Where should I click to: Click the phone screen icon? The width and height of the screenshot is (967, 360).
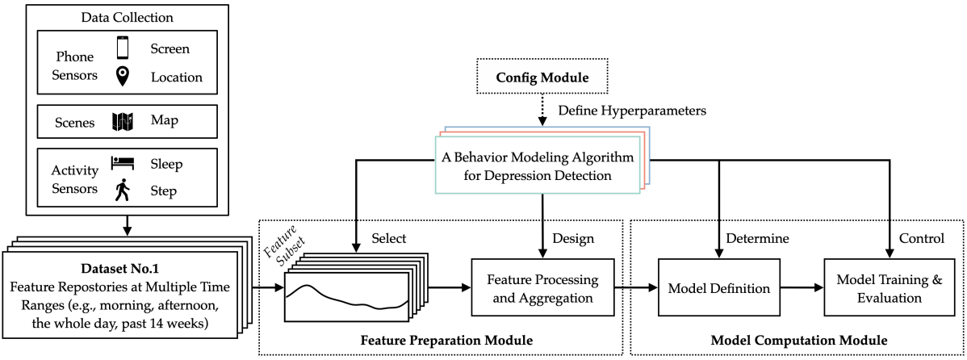123,49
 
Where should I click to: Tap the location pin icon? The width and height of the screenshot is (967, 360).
123,77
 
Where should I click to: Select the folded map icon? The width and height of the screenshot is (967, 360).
123,122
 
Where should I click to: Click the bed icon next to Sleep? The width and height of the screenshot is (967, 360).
123,164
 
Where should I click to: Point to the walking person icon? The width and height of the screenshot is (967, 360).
123,191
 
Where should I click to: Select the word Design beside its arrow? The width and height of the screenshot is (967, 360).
574,239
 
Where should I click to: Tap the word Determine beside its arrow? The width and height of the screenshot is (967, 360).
759,239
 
